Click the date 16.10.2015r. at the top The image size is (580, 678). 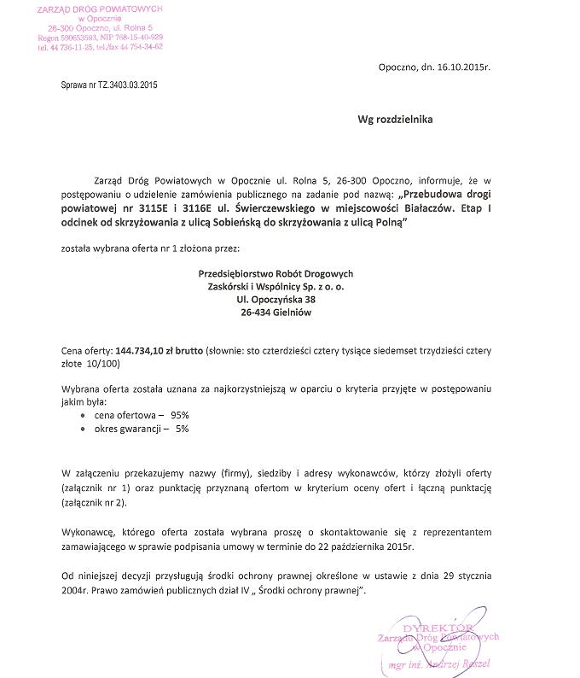[x=463, y=65]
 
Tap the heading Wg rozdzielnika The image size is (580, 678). [x=395, y=120]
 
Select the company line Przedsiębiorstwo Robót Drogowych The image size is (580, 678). [x=275, y=272]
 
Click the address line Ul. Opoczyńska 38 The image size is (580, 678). [x=275, y=300]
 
